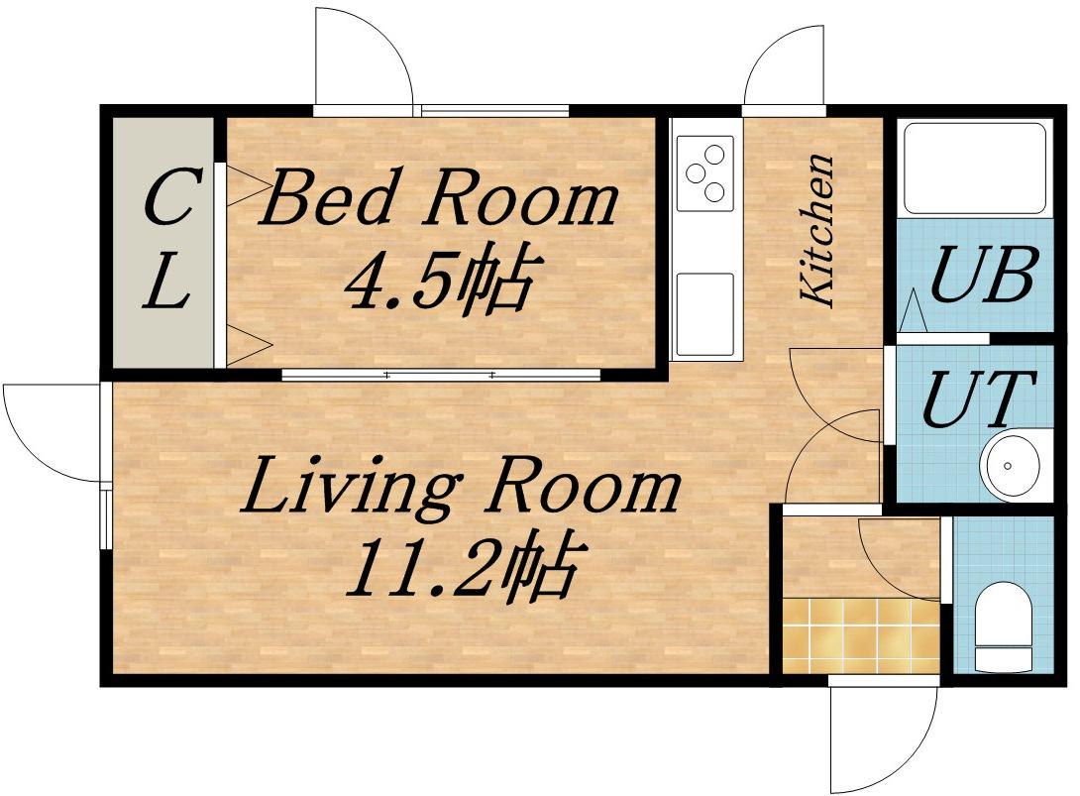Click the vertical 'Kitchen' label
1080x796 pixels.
(x=817, y=230)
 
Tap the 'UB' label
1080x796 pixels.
(x=983, y=275)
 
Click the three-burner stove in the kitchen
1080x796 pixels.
(x=704, y=173)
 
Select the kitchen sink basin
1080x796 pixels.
(x=704, y=314)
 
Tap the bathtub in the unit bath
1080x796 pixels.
(x=974, y=169)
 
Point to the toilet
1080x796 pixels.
(x=1005, y=626)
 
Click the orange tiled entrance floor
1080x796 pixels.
(x=862, y=635)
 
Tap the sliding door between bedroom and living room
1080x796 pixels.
(x=441, y=375)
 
